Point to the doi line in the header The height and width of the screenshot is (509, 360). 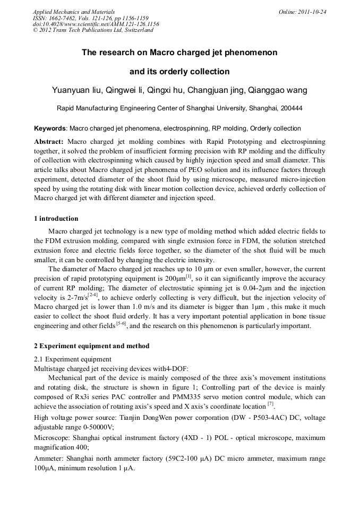pyautogui.click(x=96, y=24)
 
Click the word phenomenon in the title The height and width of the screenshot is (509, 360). pyautogui.click(x=246, y=53)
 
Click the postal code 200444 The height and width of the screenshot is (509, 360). pyautogui.click(x=290, y=108)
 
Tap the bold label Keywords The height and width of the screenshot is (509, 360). pyautogui.click(x=50, y=128)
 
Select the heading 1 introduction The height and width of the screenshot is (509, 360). pyautogui.click(x=56, y=219)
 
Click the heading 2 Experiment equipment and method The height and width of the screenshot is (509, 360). pyautogui.click(x=91, y=346)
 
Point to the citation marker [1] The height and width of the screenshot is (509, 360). pyautogui.click(x=188, y=276)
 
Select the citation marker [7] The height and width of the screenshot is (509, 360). pyautogui.click(x=271, y=403)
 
